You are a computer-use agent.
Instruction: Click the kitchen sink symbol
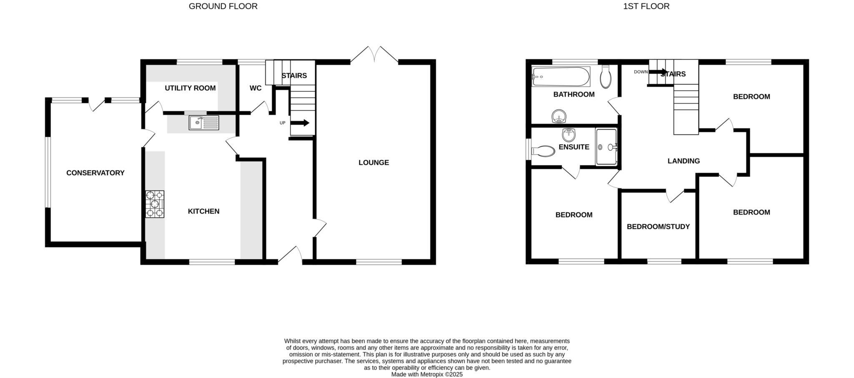click(x=203, y=123)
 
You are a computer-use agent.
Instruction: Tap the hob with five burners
click(x=155, y=204)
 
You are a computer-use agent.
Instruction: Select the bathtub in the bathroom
click(x=561, y=77)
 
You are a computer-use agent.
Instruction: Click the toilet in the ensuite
click(x=543, y=151)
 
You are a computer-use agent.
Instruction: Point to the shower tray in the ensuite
click(x=606, y=147)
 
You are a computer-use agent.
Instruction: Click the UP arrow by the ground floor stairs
click(x=300, y=123)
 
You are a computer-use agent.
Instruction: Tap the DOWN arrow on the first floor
click(x=658, y=72)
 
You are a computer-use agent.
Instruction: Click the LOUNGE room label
click(x=374, y=163)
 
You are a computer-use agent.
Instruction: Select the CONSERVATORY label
click(x=95, y=173)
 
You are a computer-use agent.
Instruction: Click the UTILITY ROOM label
click(x=190, y=88)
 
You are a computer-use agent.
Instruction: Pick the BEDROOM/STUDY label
click(x=658, y=227)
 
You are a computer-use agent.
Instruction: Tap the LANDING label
click(x=683, y=161)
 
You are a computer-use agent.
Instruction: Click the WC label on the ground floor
click(x=255, y=88)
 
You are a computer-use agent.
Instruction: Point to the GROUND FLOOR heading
click(x=223, y=6)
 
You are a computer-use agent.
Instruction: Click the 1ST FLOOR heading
click(x=646, y=6)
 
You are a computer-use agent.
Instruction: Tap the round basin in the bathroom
click(x=558, y=117)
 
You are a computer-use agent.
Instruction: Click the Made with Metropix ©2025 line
click(x=427, y=375)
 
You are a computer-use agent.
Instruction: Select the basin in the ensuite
click(x=569, y=135)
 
